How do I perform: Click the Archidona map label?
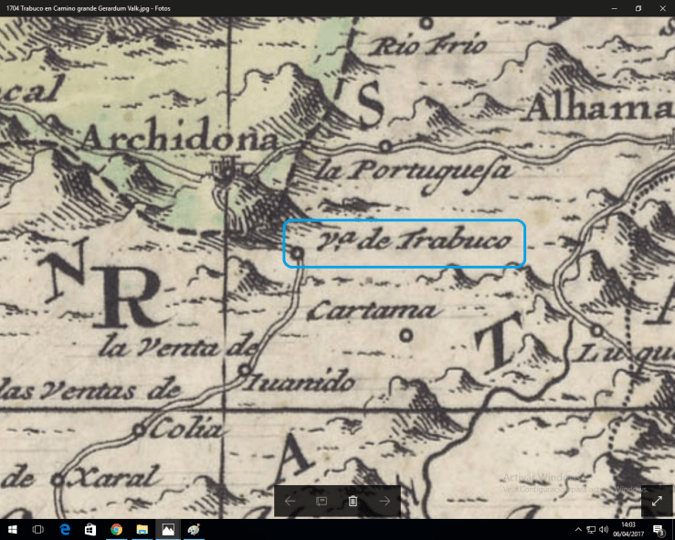(x=180, y=139)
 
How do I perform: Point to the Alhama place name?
(x=598, y=110)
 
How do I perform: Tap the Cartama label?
(x=372, y=312)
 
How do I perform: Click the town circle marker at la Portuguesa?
(x=386, y=145)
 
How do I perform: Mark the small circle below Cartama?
(x=406, y=334)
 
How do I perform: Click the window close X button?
(x=658, y=8)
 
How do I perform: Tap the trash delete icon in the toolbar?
(x=353, y=501)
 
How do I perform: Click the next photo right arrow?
(x=385, y=501)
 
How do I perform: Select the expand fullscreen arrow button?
(x=656, y=501)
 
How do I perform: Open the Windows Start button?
(x=13, y=529)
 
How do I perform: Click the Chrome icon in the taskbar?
(x=116, y=529)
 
